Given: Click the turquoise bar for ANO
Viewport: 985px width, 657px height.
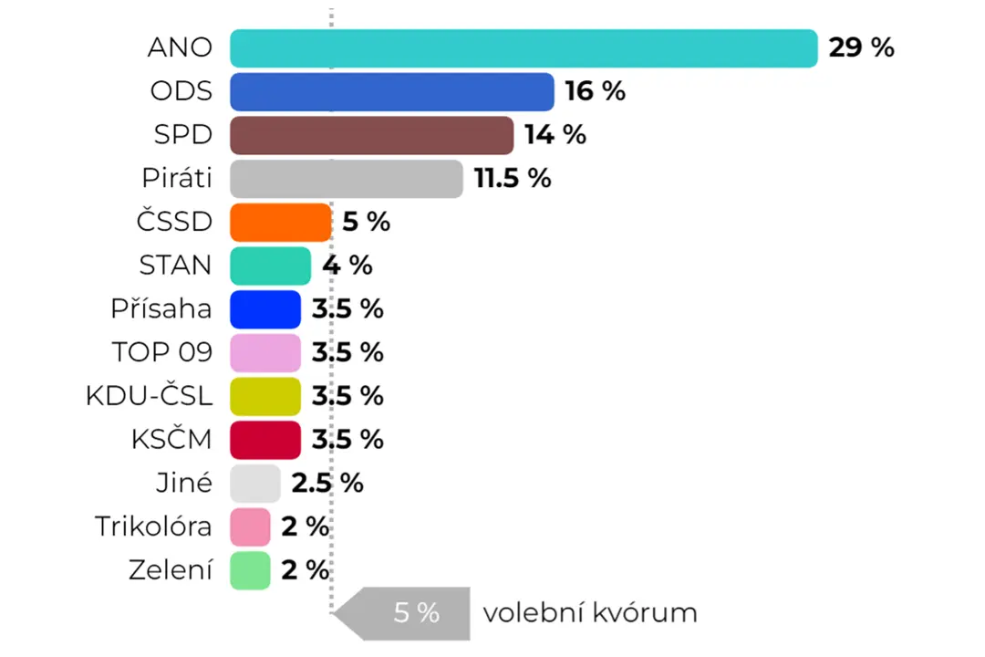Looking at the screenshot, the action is tap(524, 48).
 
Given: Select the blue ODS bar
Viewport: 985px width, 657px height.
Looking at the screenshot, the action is tap(392, 92).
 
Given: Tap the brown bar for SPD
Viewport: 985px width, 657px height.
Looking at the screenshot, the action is tap(372, 135).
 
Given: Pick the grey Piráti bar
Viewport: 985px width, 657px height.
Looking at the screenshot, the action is tap(347, 179).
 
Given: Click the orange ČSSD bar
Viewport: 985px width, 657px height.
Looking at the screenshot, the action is tap(280, 223).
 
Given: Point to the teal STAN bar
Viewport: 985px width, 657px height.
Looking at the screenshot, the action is tap(270, 266).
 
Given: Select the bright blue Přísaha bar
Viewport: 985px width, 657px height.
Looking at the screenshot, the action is tap(265, 309).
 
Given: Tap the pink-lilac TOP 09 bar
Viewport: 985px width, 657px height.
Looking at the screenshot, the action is tap(265, 353).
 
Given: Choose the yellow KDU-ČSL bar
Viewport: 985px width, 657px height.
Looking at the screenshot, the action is tap(265, 397).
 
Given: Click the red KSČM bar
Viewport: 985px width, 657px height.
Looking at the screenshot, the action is tap(265, 440).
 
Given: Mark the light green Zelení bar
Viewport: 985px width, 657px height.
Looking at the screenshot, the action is tap(250, 571).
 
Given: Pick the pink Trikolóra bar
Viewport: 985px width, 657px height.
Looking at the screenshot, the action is tap(250, 527).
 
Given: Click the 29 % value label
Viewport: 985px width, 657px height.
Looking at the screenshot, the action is tap(861, 47).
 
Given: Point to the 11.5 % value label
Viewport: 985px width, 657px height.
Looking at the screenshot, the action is tap(513, 179).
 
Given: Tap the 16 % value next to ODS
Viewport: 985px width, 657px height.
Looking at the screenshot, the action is tap(595, 91).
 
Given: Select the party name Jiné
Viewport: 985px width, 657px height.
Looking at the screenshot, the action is tap(184, 483).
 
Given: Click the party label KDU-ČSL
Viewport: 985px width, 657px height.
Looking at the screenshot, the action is tap(149, 395).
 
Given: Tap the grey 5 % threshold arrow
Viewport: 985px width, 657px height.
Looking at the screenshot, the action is tap(401, 613).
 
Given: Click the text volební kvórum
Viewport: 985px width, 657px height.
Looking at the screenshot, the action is tap(590, 612).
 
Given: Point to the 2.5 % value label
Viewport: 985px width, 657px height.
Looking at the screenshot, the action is tap(327, 484).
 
